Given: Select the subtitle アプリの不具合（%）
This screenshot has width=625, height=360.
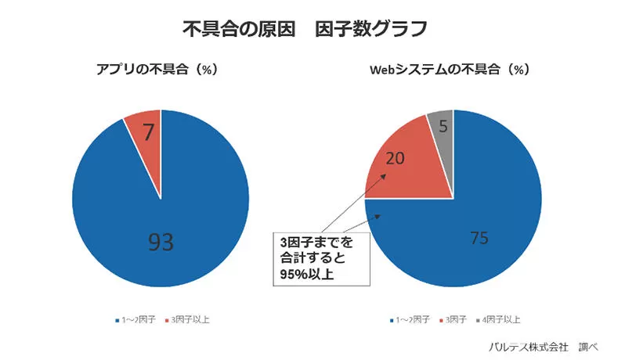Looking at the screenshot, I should point(157,69).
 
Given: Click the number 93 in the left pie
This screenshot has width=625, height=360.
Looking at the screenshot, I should point(161,242).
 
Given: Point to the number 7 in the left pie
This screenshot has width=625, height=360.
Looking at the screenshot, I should point(147,134).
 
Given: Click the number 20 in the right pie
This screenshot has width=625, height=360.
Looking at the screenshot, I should point(396,159).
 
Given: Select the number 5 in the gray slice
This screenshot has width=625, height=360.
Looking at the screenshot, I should point(443,126).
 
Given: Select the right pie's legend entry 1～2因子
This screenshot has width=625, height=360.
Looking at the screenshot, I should point(411,319).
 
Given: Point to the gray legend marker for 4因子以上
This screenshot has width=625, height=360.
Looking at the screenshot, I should point(479,320).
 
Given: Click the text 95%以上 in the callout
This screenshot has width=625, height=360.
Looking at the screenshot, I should point(302,273).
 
